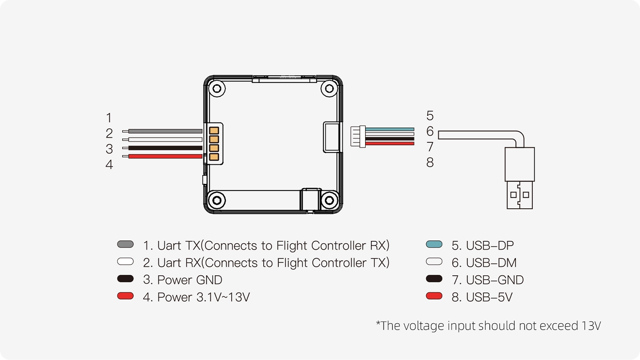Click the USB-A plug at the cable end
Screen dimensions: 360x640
click(520, 178)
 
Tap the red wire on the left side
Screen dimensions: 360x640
click(165, 156)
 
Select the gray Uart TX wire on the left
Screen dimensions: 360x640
click(165, 131)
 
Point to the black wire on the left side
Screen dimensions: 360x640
click(165, 148)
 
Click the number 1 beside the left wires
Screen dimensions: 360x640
click(109, 118)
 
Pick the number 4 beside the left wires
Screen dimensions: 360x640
click(109, 165)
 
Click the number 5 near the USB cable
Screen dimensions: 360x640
click(430, 116)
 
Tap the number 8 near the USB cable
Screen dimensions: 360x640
click(430, 163)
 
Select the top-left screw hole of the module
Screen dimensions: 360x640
click(217, 89)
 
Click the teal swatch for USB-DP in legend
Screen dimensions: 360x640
click(434, 244)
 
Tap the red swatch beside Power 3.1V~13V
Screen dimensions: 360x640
click(126, 296)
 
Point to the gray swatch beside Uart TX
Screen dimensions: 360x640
click(126, 244)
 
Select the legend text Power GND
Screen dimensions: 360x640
click(182, 280)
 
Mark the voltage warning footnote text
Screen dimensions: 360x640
click(488, 326)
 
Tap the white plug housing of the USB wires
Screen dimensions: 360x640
click(358, 136)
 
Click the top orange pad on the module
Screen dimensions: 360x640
click(214, 130)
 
